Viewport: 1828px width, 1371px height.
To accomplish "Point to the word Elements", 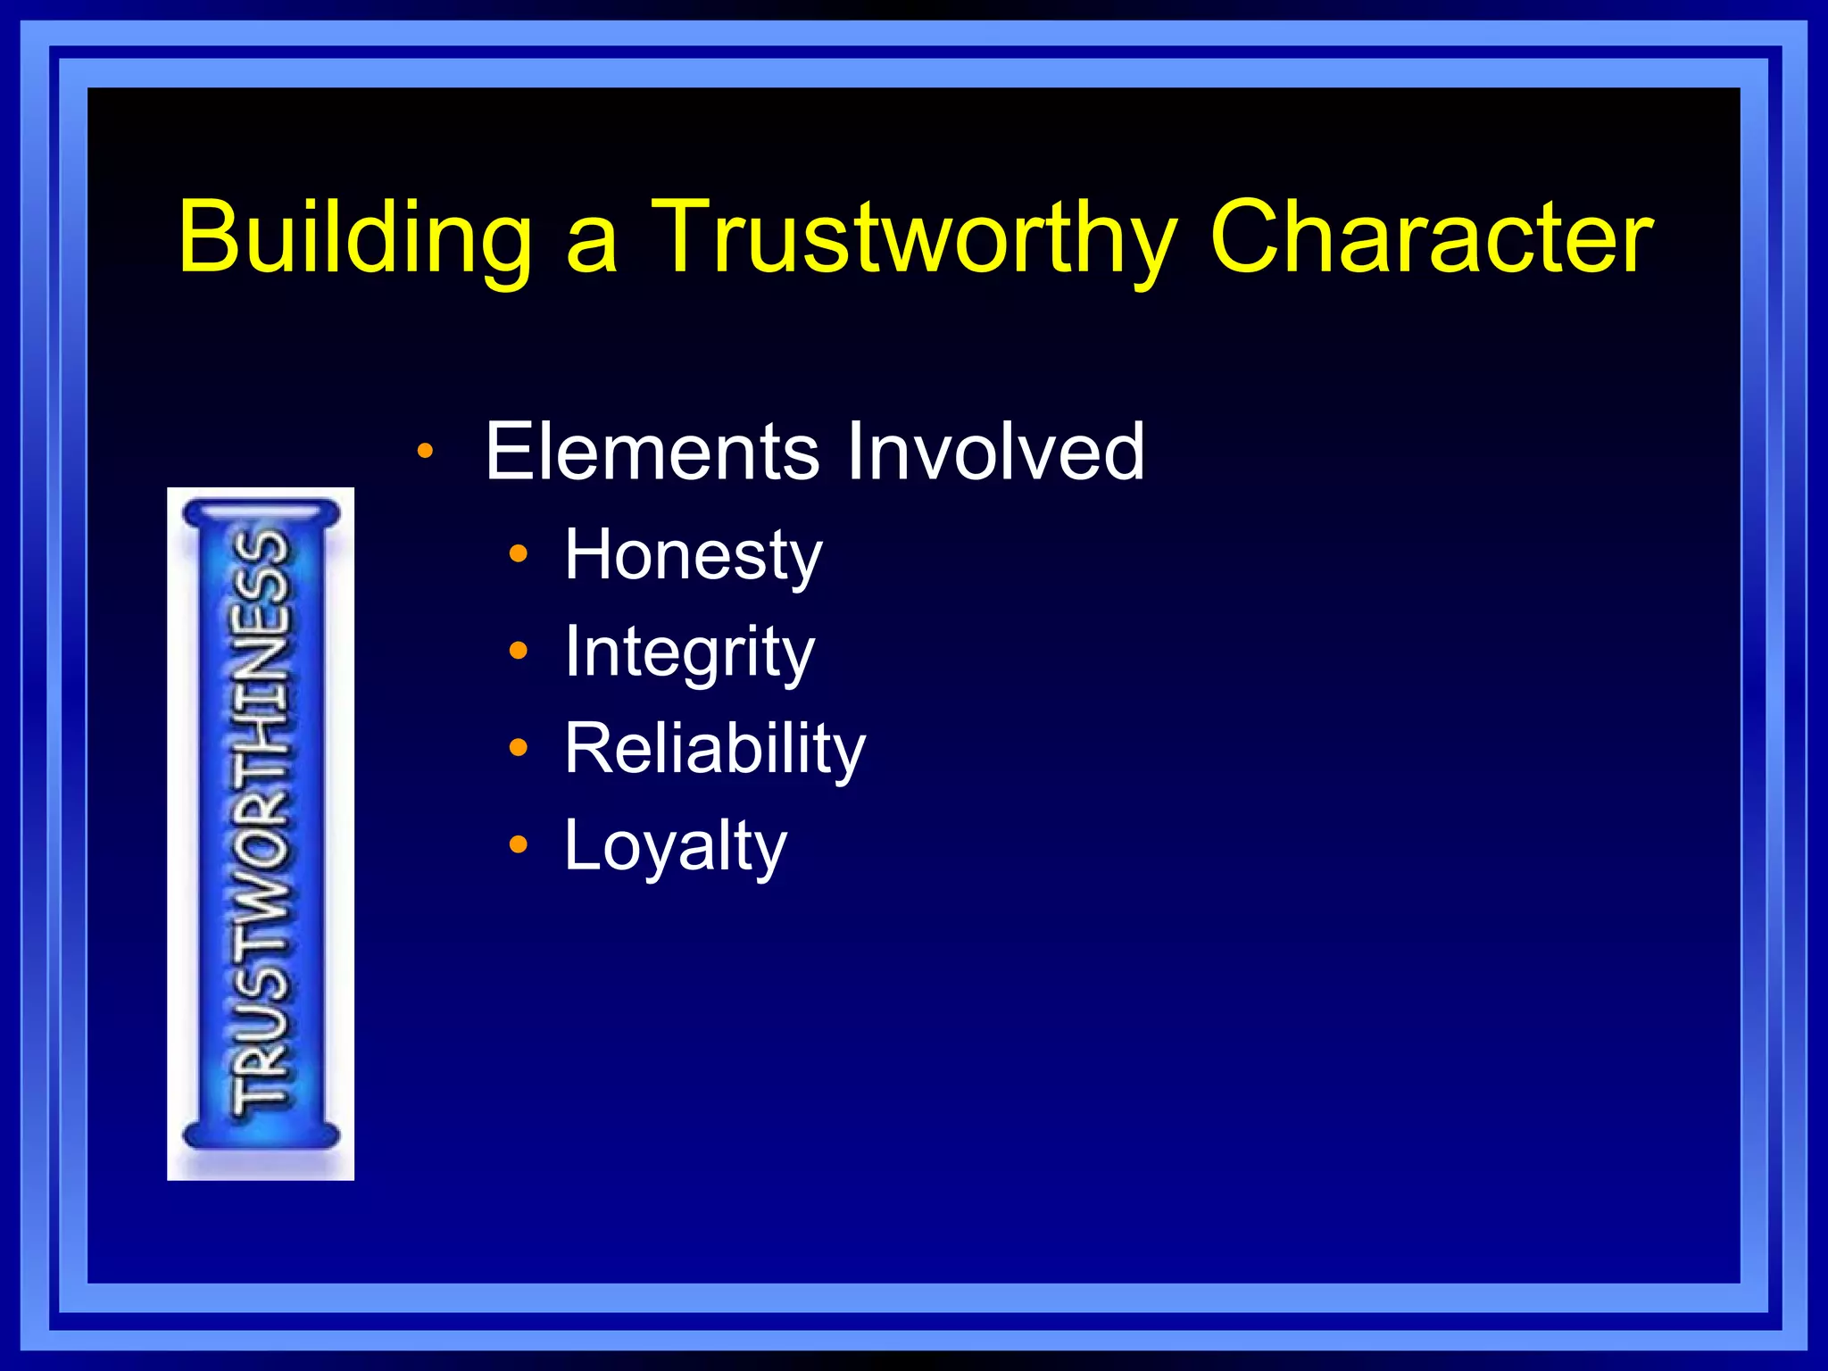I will click(652, 452).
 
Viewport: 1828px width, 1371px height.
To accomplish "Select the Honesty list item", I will click(693, 555).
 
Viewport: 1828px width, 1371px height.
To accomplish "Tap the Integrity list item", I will click(689, 652).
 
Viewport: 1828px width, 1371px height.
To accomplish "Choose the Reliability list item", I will click(714, 749).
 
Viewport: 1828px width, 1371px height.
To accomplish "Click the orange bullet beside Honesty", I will click(519, 554).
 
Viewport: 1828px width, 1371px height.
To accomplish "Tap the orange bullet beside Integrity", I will click(519, 651).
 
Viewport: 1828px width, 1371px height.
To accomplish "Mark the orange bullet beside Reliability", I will click(519, 747).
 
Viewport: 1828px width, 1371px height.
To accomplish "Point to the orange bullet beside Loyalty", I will click(519, 844).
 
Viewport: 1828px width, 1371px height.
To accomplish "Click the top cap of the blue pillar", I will click(261, 514).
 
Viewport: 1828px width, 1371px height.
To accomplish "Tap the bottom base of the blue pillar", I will click(261, 1135).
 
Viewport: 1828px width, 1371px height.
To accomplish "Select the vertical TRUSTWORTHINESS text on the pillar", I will click(261, 821).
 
